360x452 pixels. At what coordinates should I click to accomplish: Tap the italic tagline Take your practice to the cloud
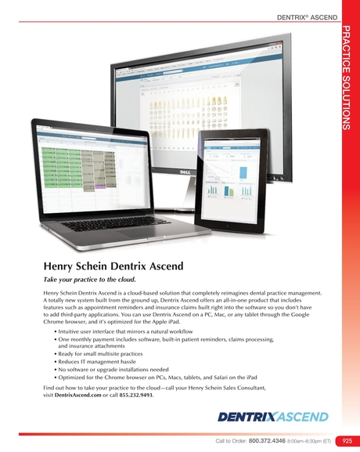89,280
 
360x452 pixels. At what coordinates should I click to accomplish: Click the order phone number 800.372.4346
268,442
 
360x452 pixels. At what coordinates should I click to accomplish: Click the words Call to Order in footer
231,442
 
